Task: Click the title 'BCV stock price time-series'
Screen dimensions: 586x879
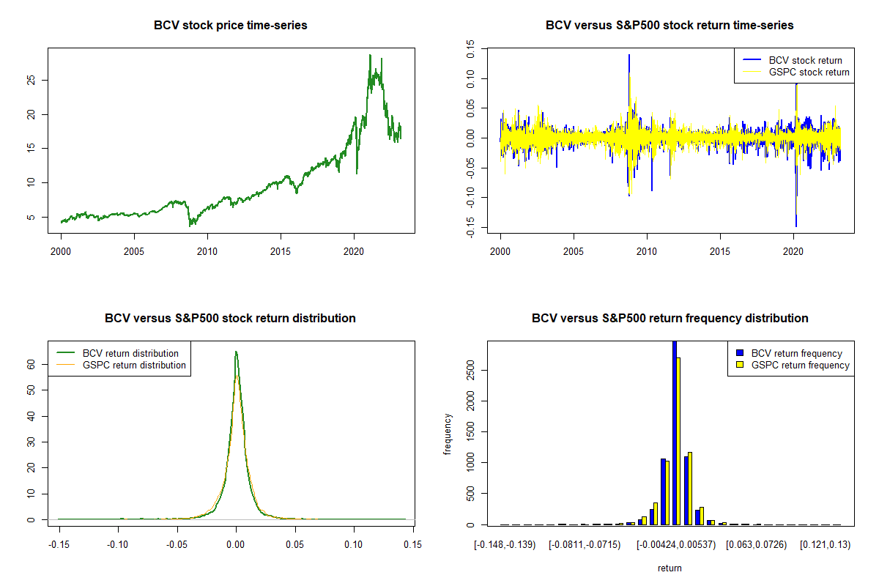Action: point(230,26)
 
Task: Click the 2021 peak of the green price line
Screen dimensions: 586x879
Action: point(370,55)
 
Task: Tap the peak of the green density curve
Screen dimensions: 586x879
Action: point(236,352)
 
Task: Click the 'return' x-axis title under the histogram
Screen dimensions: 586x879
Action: point(670,568)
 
